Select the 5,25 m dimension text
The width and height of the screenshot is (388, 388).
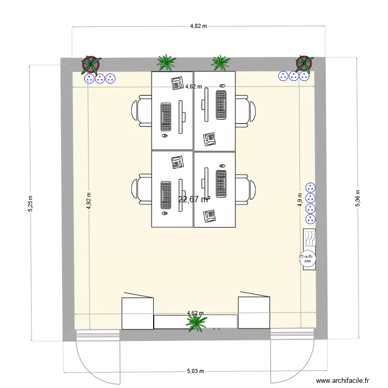[x=31, y=203]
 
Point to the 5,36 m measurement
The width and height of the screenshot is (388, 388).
[x=357, y=198]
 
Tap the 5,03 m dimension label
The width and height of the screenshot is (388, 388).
[x=196, y=371]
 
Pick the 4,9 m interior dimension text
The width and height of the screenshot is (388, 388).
[x=300, y=199]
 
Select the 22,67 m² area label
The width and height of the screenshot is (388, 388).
[x=194, y=199]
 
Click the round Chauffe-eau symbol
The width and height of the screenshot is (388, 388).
[x=309, y=259]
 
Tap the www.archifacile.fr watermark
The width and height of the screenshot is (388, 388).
[x=342, y=380]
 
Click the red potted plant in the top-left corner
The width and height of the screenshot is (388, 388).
[x=91, y=64]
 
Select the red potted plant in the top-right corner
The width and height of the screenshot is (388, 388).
[x=304, y=63]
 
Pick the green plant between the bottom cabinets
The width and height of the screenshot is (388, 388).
[x=197, y=322]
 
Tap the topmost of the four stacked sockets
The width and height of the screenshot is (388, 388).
[x=310, y=187]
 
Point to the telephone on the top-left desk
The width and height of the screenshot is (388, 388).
[x=177, y=82]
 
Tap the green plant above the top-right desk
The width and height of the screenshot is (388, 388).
[x=221, y=63]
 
